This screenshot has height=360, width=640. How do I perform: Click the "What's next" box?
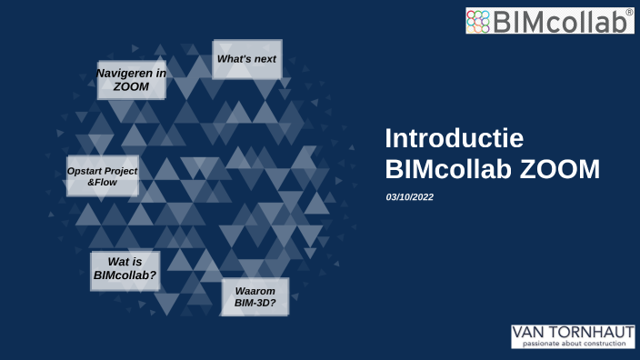tap(246, 59)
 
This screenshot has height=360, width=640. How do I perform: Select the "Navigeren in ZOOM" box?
tap(131, 79)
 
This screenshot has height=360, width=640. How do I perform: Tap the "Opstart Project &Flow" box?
tap(103, 175)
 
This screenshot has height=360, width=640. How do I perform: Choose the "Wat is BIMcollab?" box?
tap(125, 271)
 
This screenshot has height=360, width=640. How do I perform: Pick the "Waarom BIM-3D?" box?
tap(255, 296)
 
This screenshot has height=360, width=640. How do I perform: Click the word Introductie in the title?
tap(454, 138)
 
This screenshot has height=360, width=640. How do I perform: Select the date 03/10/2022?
tap(410, 196)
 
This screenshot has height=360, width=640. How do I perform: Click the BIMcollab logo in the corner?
tap(549, 20)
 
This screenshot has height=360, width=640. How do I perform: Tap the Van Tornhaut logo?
tap(573, 335)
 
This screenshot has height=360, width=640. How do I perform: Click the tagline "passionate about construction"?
tap(573, 344)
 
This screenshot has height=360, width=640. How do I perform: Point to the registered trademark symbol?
tap(629, 12)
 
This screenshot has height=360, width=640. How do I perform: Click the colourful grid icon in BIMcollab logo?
tap(479, 21)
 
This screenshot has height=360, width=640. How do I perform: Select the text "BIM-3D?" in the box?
tap(255, 304)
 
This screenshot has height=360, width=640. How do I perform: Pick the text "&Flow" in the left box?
tap(102, 183)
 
